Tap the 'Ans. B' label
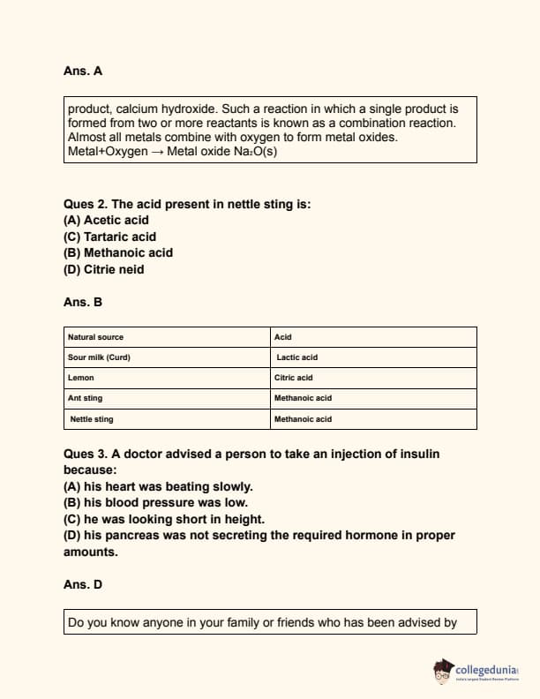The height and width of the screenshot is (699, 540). tap(83, 302)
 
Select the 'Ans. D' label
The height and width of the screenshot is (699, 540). tap(83, 584)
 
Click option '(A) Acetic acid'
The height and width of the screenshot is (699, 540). tap(106, 220)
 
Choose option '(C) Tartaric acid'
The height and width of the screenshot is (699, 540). tap(109, 237)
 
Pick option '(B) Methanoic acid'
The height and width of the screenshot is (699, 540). tap(118, 252)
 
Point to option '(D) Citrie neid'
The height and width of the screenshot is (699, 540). tap(103, 269)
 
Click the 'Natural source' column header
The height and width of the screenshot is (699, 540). tap(96, 337)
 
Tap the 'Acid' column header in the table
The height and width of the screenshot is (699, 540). tap(283, 337)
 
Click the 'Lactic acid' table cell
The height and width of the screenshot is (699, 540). tap(296, 357)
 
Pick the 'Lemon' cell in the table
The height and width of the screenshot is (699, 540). tap(81, 378)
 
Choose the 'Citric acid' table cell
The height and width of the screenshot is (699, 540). tap(294, 378)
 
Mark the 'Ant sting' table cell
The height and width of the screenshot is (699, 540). tap(86, 398)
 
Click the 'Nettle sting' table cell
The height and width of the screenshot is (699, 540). tap(92, 419)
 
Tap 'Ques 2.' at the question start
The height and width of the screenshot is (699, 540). tap(86, 204)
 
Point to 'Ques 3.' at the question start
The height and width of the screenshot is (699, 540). tap(86, 454)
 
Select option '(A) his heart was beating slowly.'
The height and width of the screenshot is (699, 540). tap(158, 486)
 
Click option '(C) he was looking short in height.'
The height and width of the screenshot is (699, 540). tap(164, 519)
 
